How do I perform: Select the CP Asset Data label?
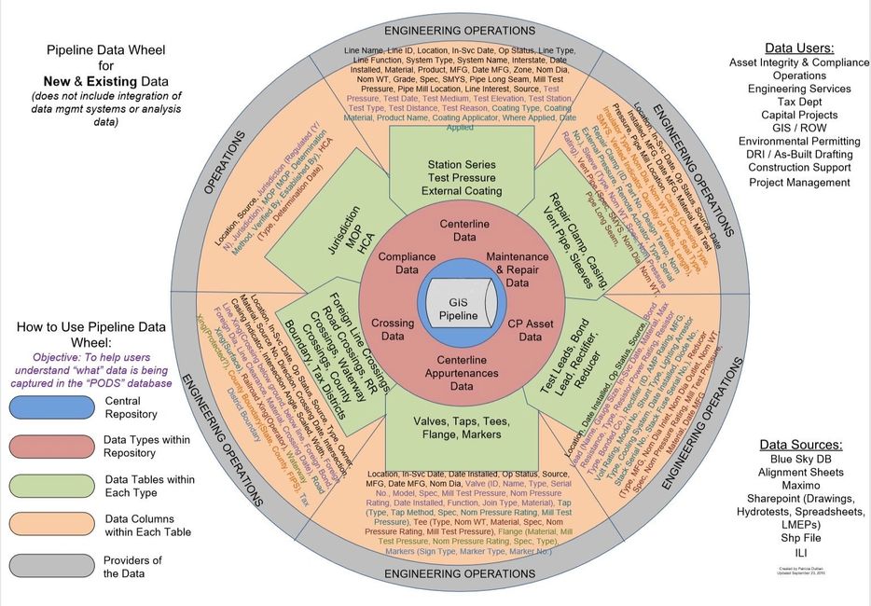pyautogui.click(x=524, y=330)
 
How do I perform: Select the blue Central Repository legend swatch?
pyautogui.click(x=47, y=407)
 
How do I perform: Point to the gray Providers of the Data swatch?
pyautogui.click(x=47, y=565)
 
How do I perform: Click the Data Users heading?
pyautogui.click(x=799, y=47)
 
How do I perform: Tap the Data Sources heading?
pyautogui.click(x=799, y=445)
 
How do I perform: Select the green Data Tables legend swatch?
pyautogui.click(x=47, y=486)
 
